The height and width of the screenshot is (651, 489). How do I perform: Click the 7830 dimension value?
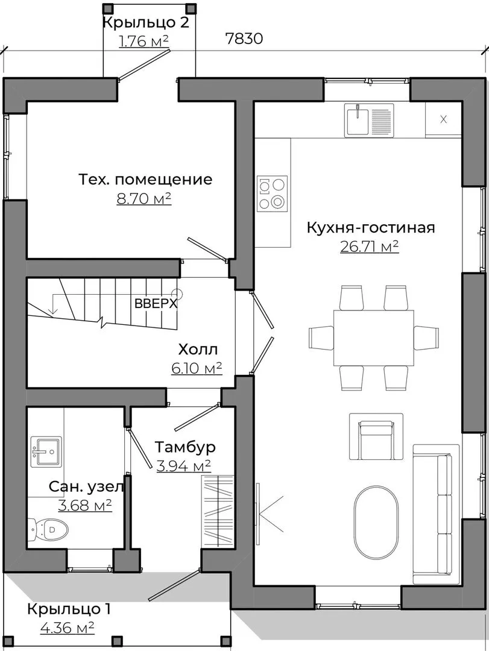244,39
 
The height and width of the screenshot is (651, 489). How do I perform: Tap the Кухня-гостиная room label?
371,227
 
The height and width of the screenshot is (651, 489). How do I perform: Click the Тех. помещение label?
145,180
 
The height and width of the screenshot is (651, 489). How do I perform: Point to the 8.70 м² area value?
144,199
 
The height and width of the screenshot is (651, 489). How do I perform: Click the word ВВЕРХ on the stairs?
156,303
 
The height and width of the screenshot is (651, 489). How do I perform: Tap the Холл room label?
198,350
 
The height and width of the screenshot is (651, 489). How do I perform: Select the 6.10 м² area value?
196,368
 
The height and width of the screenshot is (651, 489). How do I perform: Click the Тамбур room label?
185,447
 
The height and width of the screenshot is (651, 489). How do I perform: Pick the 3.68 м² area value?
85,505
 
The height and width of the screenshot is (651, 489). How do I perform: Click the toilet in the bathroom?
48,529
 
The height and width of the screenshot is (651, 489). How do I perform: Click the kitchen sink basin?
358,119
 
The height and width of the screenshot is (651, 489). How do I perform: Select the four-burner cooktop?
273,192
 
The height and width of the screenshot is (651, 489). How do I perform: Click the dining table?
373,338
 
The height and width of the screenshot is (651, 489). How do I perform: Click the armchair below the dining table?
376,436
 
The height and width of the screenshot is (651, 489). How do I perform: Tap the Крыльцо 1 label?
69,609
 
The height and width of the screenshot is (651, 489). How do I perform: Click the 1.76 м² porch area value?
144,41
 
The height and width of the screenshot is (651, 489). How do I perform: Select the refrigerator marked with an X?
443,119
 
